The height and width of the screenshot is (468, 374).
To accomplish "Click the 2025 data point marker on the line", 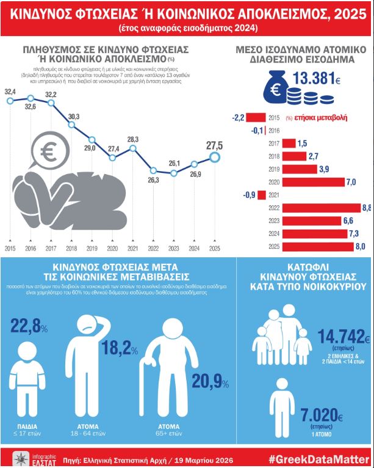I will [214, 158].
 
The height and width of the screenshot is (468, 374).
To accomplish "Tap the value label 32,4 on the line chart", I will [10, 92].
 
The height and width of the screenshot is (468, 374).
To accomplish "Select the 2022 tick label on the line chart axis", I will [153, 249].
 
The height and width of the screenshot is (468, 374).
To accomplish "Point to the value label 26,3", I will [153, 180].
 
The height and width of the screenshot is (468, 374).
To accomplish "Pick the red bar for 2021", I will [262, 196].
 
